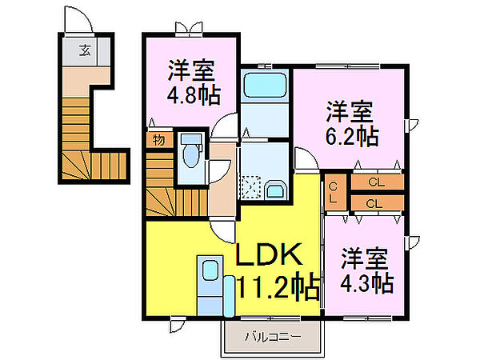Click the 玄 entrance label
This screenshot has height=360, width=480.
[85, 50]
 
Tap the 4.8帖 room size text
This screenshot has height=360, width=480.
[194, 95]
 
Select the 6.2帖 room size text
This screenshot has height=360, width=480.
[352, 136]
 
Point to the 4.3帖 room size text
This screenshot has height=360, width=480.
[367, 283]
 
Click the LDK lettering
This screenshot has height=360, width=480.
[269, 254]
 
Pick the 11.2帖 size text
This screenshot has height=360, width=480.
[278, 288]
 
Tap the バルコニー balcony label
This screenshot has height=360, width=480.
[273, 337]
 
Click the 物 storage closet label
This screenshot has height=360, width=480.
[158, 140]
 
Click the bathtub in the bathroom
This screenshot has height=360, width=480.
[265, 85]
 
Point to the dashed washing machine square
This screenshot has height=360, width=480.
[251, 187]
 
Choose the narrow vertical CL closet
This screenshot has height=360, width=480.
[335, 192]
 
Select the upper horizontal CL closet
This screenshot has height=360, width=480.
[377, 182]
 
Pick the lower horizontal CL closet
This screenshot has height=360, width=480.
[377, 203]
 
